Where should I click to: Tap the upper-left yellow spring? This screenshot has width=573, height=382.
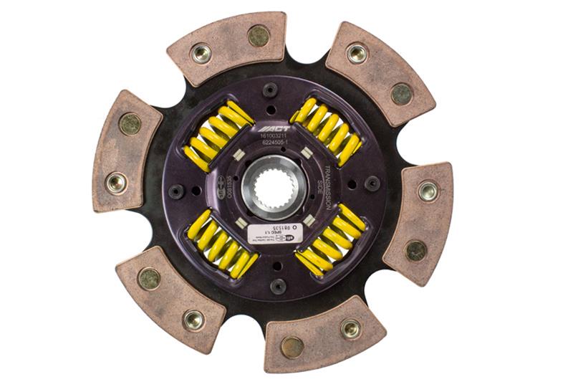pos(218,135)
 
